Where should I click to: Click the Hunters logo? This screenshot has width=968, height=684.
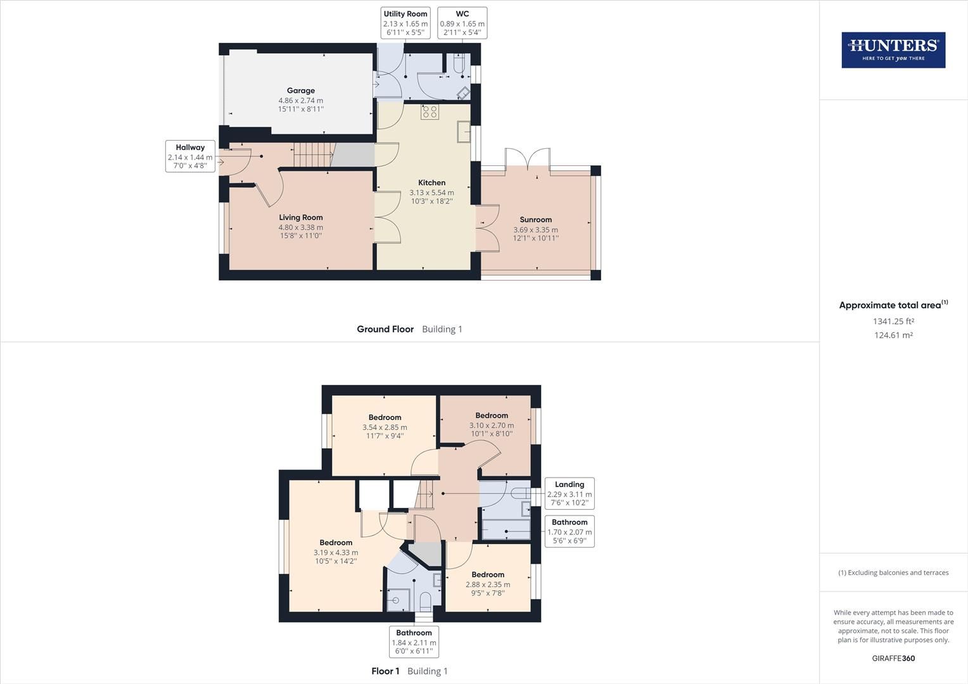point(893,50)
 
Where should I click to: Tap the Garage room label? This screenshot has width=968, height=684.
point(301,91)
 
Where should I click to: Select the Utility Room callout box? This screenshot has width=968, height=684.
point(405,23)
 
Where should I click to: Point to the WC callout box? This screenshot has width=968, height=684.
point(462,23)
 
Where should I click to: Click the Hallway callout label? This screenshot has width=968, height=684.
point(190,156)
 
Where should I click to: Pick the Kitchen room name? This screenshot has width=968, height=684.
point(432,182)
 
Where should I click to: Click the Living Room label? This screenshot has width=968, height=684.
point(301,217)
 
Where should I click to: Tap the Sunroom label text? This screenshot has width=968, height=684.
point(536,220)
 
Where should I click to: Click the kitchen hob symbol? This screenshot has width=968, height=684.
point(430,112)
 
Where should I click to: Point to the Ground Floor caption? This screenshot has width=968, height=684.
point(385,329)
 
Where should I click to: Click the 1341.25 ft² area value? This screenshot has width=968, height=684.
point(893,321)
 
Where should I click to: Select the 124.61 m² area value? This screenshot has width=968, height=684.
point(893,335)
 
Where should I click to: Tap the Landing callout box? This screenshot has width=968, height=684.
point(570,493)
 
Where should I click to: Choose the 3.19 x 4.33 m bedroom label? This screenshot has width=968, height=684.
point(336,552)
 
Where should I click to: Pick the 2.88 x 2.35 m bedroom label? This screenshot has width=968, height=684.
point(488,584)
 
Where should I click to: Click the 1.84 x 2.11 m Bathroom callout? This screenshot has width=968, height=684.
point(414,642)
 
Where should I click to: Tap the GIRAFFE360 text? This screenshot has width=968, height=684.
point(893,658)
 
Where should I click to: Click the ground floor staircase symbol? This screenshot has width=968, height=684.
point(313,155)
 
